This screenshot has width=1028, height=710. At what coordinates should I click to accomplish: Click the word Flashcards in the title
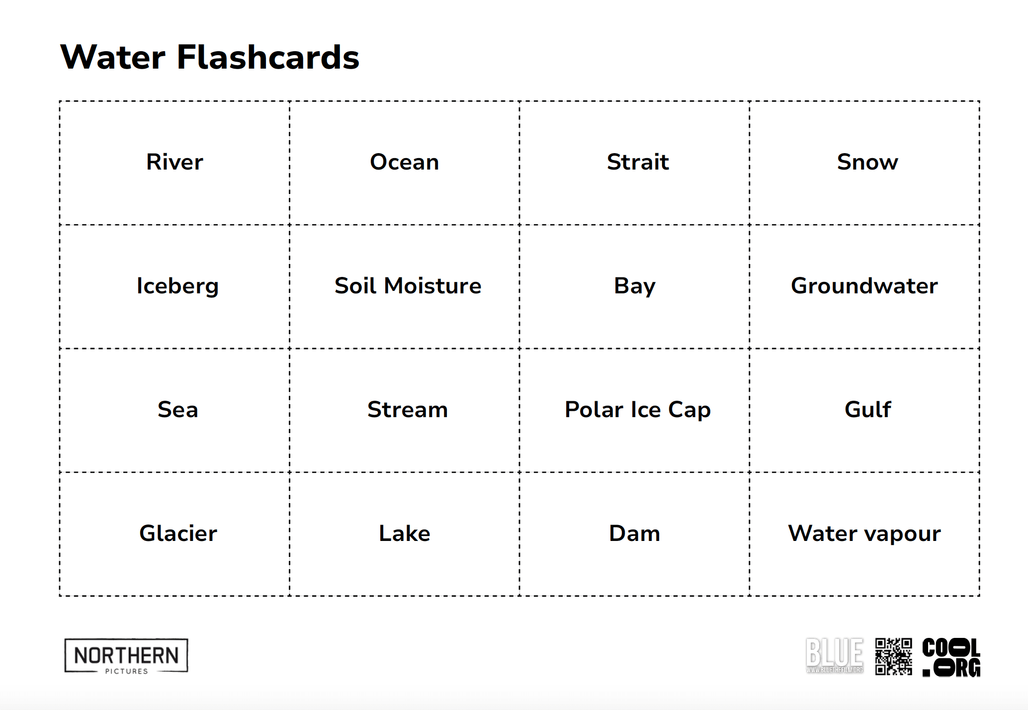267,57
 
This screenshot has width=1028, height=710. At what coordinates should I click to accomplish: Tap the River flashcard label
174,162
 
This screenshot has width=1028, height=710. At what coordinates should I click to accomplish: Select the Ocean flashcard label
404,162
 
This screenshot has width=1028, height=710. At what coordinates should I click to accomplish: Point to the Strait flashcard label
638,162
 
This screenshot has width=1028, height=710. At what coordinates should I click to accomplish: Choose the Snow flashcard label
867,162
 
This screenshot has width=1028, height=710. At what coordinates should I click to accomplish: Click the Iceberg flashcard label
177,286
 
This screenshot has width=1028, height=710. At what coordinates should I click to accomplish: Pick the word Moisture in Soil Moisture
432,286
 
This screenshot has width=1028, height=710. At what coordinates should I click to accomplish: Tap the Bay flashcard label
635,286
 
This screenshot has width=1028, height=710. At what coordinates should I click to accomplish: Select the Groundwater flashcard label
864,286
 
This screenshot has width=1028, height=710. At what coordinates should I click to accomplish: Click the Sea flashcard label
177,410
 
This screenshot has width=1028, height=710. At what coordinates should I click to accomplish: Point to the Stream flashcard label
407,410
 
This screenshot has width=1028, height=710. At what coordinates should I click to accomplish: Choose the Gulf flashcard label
867,410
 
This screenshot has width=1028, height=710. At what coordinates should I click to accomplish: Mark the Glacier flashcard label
178,533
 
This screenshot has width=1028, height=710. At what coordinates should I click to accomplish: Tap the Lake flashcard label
404,533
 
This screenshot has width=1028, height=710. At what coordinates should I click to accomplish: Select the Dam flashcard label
634,533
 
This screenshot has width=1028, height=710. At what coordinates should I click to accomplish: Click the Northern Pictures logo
126,656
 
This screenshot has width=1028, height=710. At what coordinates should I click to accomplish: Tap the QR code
893,656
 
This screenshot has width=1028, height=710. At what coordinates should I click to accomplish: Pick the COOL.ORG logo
951,657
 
